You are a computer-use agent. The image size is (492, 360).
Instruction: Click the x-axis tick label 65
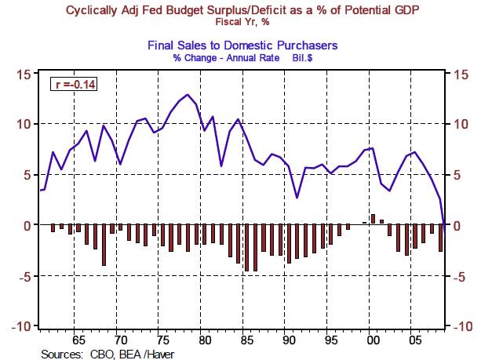click(x=79, y=341)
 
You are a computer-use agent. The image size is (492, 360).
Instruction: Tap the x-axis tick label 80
click(x=204, y=341)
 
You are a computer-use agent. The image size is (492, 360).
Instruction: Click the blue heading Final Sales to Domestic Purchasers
click(x=246, y=46)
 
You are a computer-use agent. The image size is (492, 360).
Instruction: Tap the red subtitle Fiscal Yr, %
click(x=246, y=22)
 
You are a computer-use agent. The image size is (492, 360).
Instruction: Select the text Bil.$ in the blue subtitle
click(x=304, y=58)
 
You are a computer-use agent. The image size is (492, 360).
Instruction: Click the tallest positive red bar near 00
click(x=374, y=219)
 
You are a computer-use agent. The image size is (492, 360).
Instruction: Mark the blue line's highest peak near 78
click(x=187, y=95)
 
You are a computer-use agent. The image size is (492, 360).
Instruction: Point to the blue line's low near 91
click(x=297, y=197)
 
